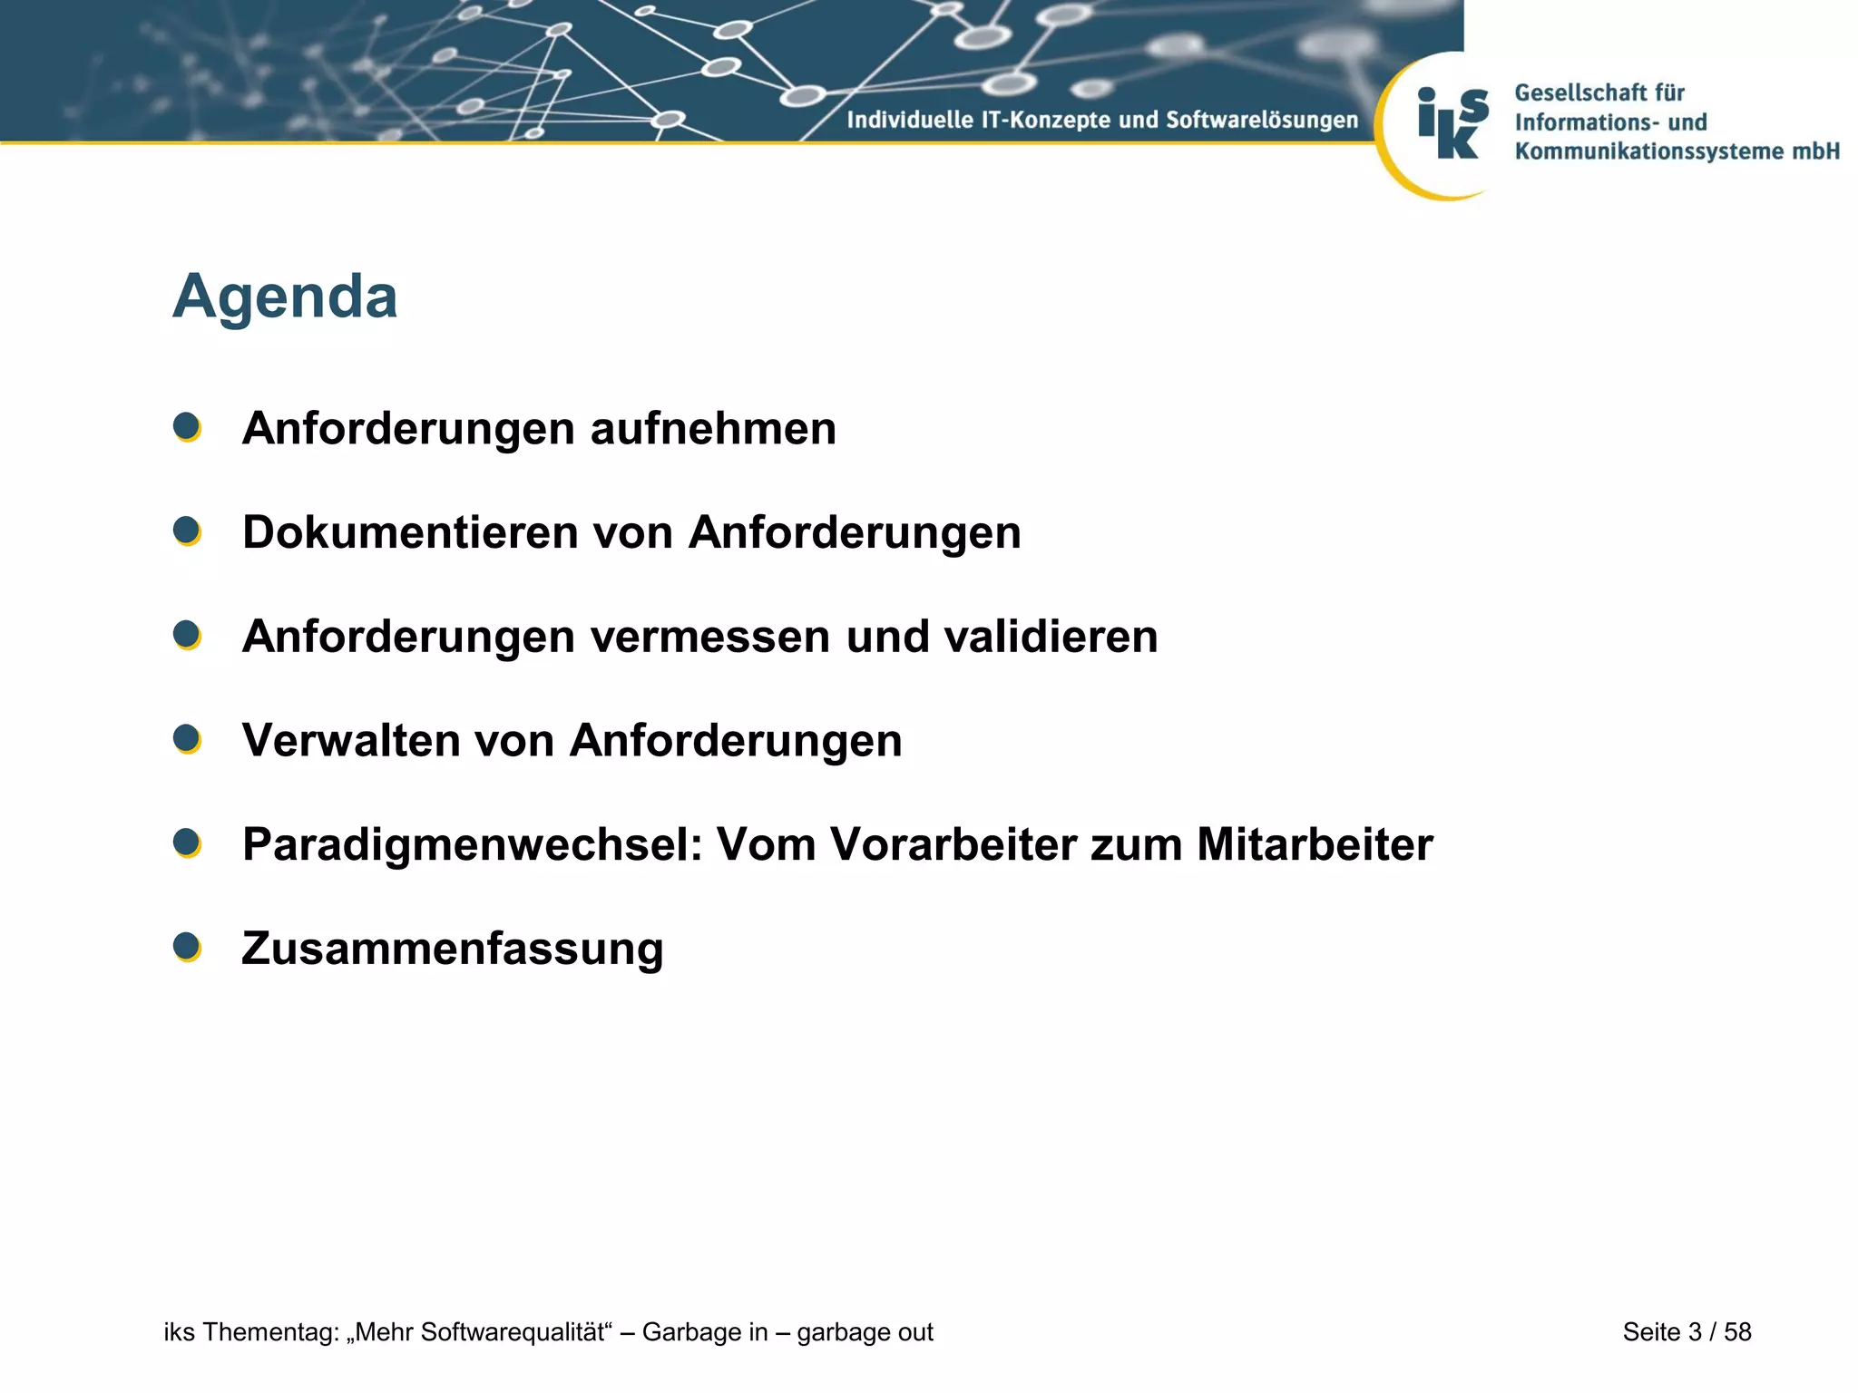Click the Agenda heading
[x=285, y=297]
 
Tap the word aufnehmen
[x=713, y=428]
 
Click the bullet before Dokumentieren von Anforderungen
[x=187, y=531]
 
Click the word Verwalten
[x=351, y=740]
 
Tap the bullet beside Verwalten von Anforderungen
[x=187, y=739]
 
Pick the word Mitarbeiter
[x=1315, y=845]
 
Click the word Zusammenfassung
[x=453, y=950]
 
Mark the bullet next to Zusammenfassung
[x=187, y=947]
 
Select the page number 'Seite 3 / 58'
[x=1687, y=1332]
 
